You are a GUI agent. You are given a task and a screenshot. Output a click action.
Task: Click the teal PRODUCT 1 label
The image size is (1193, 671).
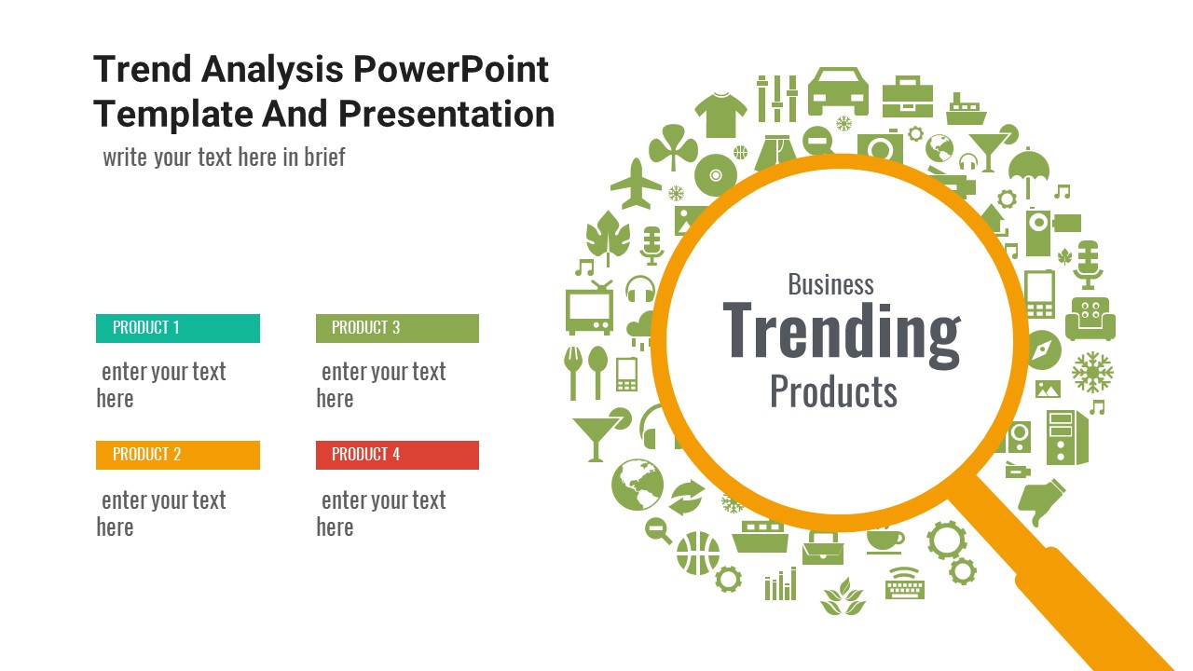[x=178, y=328]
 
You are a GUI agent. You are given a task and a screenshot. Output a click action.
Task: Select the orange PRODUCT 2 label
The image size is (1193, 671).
[x=178, y=455]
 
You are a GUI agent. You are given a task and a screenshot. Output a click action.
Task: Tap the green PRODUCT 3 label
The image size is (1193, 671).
[x=397, y=328]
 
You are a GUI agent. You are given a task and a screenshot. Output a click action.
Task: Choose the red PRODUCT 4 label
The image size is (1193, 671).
[x=397, y=455]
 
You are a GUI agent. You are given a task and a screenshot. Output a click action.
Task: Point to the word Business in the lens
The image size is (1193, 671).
[x=830, y=284]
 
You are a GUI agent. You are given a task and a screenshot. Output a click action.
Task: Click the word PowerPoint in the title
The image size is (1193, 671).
[x=450, y=69]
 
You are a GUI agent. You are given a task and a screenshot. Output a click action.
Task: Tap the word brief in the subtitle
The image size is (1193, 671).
[x=324, y=157]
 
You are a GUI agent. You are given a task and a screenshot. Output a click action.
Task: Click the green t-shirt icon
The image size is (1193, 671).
[x=720, y=115]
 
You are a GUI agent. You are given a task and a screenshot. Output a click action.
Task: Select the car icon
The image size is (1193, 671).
[x=838, y=91]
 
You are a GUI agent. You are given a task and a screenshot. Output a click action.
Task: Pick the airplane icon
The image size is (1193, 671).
[x=636, y=185]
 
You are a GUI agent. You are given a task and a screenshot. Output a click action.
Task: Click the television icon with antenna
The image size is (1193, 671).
[x=589, y=308]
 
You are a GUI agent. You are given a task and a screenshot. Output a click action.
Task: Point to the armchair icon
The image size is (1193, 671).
[x=1090, y=319]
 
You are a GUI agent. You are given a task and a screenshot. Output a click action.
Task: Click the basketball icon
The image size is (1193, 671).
[x=698, y=553]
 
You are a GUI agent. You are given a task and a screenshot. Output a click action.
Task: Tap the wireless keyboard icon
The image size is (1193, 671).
[x=905, y=583]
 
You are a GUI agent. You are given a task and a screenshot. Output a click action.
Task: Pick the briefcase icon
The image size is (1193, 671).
[x=908, y=97]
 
